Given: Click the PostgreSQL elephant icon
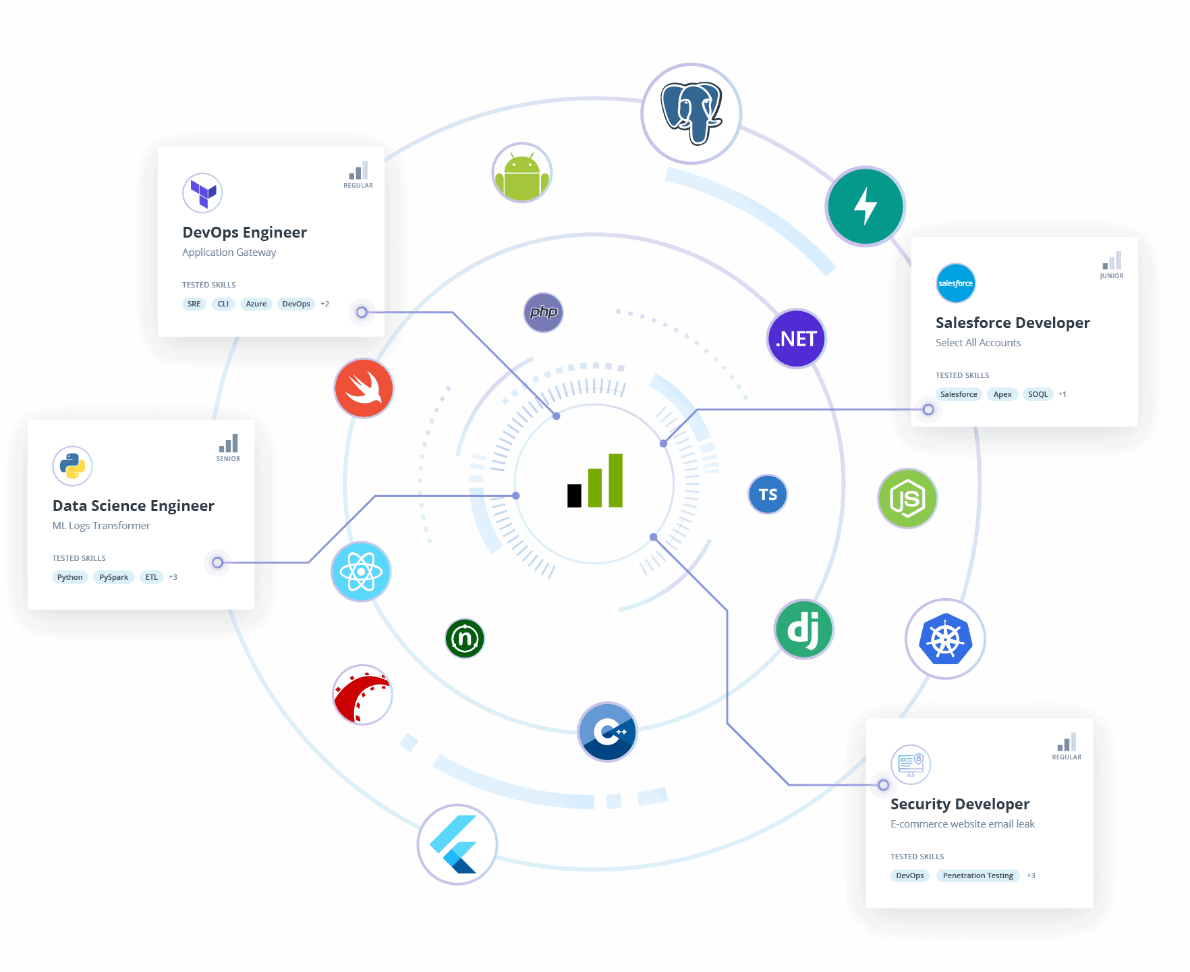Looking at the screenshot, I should (x=691, y=113).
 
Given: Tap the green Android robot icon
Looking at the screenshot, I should (x=521, y=173).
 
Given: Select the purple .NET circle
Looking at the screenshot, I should (x=797, y=339).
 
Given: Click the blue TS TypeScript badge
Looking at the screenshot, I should (x=768, y=495).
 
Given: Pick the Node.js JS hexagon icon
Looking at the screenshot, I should (x=907, y=499).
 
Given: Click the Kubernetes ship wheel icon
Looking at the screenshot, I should (x=945, y=639).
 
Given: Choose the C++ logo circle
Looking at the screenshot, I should (x=607, y=732).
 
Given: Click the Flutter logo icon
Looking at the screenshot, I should (x=457, y=844).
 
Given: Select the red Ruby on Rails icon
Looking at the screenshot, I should (x=363, y=695).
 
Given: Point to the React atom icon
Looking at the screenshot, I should (x=361, y=572).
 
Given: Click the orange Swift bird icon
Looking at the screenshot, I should (x=364, y=388).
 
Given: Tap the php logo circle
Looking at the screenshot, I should (x=544, y=313).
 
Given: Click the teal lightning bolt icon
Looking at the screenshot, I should (x=866, y=207).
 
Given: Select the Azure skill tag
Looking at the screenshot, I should (x=256, y=304).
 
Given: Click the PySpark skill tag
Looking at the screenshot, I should (x=113, y=577).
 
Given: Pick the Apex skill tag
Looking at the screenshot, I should (x=1002, y=394).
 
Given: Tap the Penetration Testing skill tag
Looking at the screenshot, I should (x=978, y=875).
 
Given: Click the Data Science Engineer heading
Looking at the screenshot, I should (x=134, y=506).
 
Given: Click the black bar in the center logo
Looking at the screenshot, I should (x=574, y=495).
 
